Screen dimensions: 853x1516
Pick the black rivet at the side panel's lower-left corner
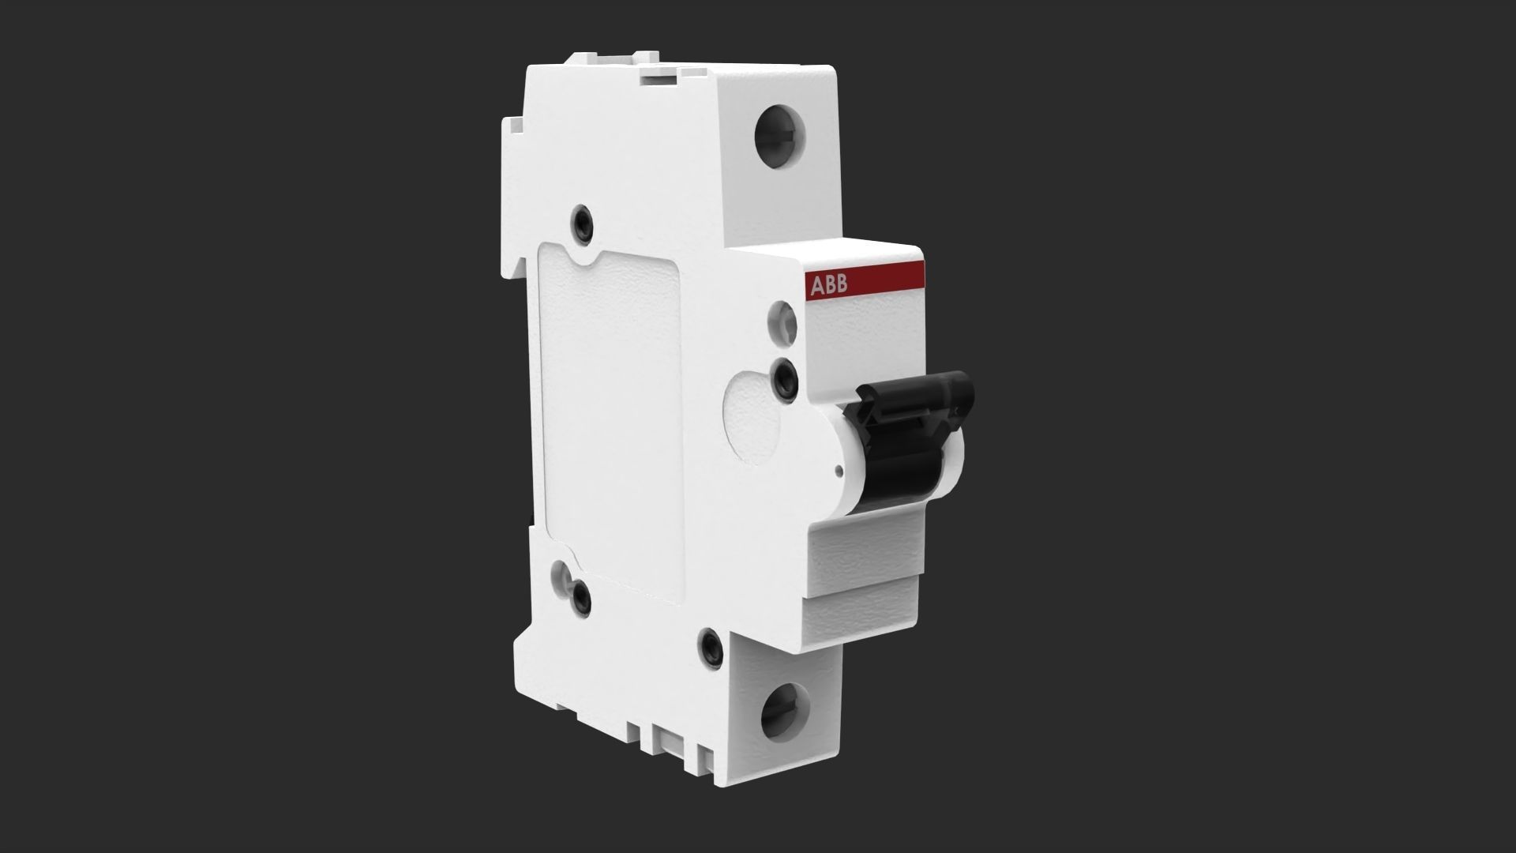[x=582, y=597]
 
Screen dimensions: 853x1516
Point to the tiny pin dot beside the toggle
[x=839, y=473]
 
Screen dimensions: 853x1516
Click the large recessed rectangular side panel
[x=608, y=419]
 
